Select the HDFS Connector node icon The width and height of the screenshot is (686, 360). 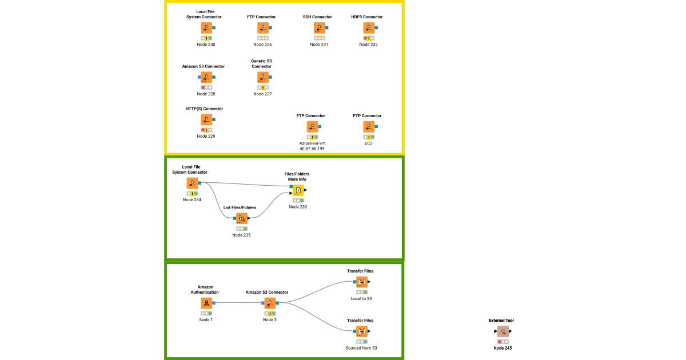coord(368,28)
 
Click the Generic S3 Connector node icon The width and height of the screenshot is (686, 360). coord(262,77)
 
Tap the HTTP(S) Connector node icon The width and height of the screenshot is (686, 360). coord(206,119)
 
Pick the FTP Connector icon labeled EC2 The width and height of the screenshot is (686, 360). coord(369,127)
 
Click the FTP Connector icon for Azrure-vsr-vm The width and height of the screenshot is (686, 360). coord(312,127)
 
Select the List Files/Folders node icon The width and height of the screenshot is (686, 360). coord(241,218)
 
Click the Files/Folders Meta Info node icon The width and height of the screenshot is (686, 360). coord(298,190)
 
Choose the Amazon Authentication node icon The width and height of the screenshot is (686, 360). coord(206,303)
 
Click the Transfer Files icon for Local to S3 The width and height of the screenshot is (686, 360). coord(361,282)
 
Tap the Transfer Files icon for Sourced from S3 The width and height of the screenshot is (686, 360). coord(361,331)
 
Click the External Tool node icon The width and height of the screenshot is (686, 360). coord(502,331)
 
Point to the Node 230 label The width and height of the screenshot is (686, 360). coord(206,45)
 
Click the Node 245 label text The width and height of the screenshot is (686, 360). coord(503,347)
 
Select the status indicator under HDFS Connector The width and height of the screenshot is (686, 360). coord(368,38)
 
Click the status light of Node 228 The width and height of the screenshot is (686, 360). coord(206,87)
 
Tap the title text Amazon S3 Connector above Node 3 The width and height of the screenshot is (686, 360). coord(267,292)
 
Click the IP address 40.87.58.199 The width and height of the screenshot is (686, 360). coord(312,149)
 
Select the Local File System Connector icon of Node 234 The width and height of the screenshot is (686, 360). coord(192,183)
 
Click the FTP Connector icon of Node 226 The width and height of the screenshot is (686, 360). coord(262,28)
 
